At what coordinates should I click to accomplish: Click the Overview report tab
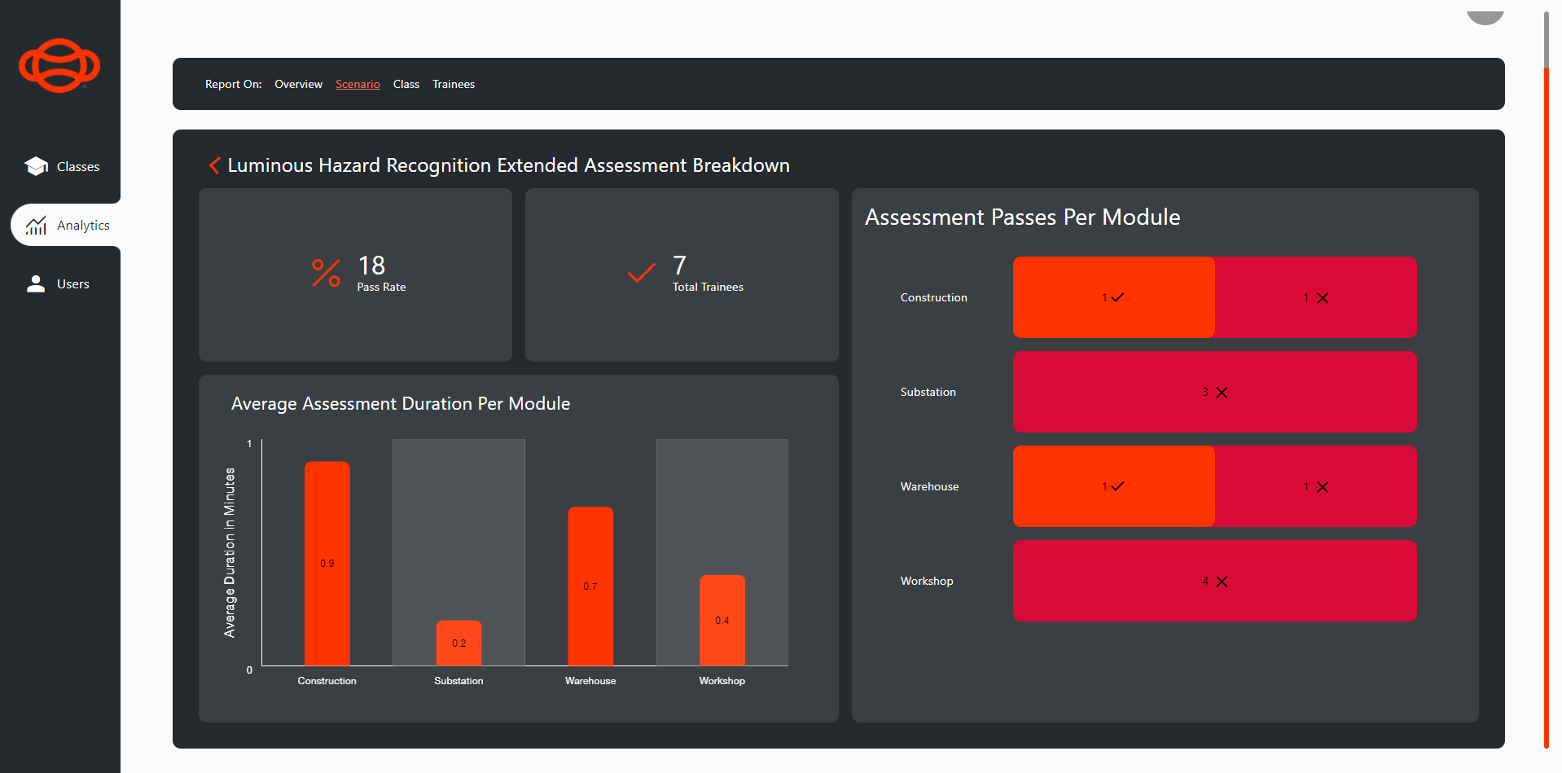coord(298,84)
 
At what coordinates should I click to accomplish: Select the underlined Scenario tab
coord(358,84)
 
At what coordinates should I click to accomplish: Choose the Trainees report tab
coord(454,84)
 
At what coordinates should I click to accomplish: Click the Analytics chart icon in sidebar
coord(36,226)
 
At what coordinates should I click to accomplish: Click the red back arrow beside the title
coord(214,165)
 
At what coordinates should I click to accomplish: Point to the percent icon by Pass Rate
coord(326,273)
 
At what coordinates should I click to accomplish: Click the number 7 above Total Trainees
coord(679,265)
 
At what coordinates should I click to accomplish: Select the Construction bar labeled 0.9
coord(327,562)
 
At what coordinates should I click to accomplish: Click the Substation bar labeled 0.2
coord(459,643)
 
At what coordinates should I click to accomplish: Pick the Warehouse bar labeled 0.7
coord(590,585)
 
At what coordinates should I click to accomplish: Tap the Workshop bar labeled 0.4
coord(722,619)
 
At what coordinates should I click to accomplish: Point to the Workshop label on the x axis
coord(722,681)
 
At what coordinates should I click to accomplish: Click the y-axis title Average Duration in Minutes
coord(230,552)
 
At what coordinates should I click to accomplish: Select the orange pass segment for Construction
coord(1113,297)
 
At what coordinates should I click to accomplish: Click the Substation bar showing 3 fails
coord(1214,392)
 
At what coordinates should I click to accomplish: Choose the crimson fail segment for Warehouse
coord(1315,486)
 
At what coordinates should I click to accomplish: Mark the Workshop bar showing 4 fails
coord(1214,581)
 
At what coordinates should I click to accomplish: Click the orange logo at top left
coord(59,65)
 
